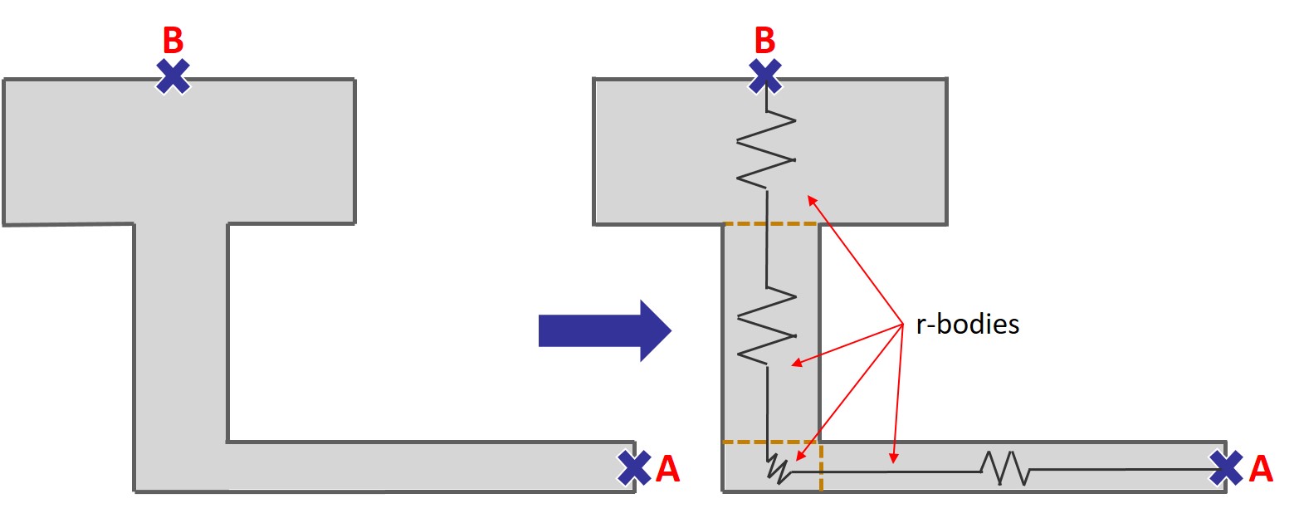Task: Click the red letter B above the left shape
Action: pos(173,40)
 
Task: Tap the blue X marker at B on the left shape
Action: pos(173,77)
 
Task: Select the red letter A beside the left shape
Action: pos(667,469)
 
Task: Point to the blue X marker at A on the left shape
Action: pos(635,467)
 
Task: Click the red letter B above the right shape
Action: pos(764,40)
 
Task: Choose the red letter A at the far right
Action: pos(1260,469)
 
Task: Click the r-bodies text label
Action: pos(967,324)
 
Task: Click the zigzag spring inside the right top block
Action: pos(766,149)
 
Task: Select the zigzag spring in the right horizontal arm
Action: pos(1005,468)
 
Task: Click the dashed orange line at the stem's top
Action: pos(771,223)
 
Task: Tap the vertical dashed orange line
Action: pos(821,467)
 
